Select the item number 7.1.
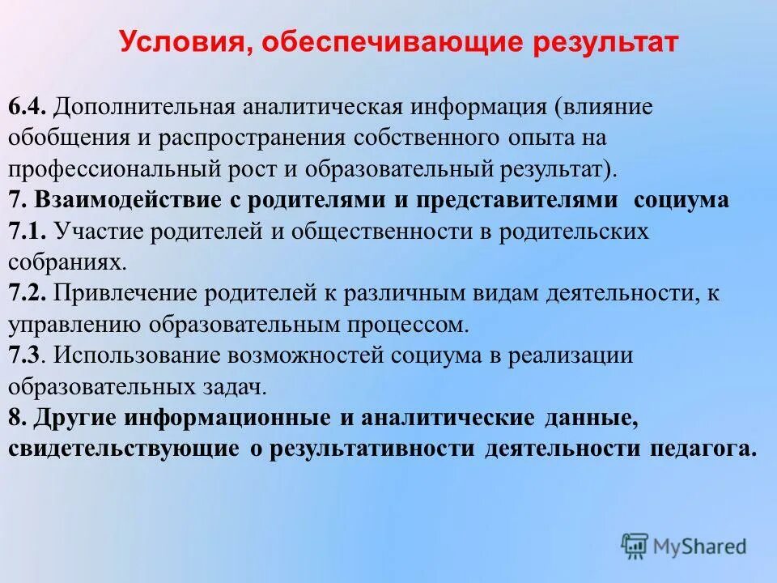point(30,232)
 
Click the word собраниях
point(67,262)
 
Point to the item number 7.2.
point(30,294)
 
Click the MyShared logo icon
point(635,544)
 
